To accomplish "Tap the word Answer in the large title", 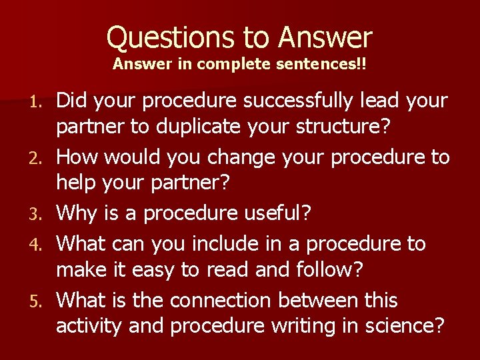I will pyautogui.click(x=325, y=37).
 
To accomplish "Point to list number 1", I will pyautogui.click(x=39, y=102).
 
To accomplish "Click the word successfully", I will pyautogui.click(x=309, y=101).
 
